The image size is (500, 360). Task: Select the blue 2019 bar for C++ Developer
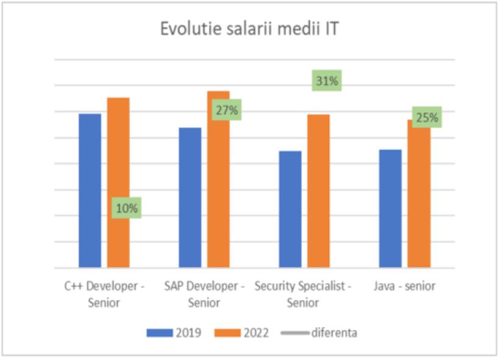pyautogui.click(x=90, y=190)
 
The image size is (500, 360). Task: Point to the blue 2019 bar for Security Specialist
pyautogui.click(x=290, y=209)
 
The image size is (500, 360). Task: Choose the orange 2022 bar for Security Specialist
pyautogui.click(x=318, y=190)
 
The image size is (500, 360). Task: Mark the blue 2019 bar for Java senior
pyautogui.click(x=390, y=208)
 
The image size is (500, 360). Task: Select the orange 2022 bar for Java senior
pyautogui.click(x=418, y=195)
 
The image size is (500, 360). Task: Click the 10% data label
pyautogui.click(x=127, y=208)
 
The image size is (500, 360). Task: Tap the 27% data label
pyautogui.click(x=226, y=110)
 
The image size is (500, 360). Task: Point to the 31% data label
pyautogui.click(x=326, y=81)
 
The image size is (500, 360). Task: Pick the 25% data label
pyautogui.click(x=426, y=117)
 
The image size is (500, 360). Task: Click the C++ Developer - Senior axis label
pyautogui.click(x=104, y=293)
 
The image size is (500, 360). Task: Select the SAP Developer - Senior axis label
pyautogui.click(x=204, y=293)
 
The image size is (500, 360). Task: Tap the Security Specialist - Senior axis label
pyautogui.click(x=303, y=293)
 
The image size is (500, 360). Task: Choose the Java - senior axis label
pyautogui.click(x=404, y=286)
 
